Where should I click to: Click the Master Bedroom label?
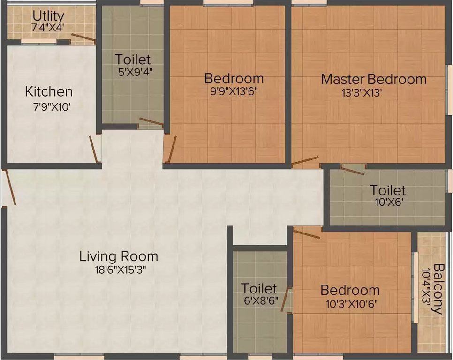tap(374, 79)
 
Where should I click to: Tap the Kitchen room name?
tap(49, 91)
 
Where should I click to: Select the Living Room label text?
tap(118, 256)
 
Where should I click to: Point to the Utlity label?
tap(48, 17)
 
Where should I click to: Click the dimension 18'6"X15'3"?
tap(118, 270)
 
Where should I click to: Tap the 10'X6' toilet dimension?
tap(387, 203)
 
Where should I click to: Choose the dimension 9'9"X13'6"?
tap(234, 91)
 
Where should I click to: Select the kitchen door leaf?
tap(94, 150)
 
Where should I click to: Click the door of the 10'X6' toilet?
tap(352, 171)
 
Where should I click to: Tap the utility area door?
tap(83, 39)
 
